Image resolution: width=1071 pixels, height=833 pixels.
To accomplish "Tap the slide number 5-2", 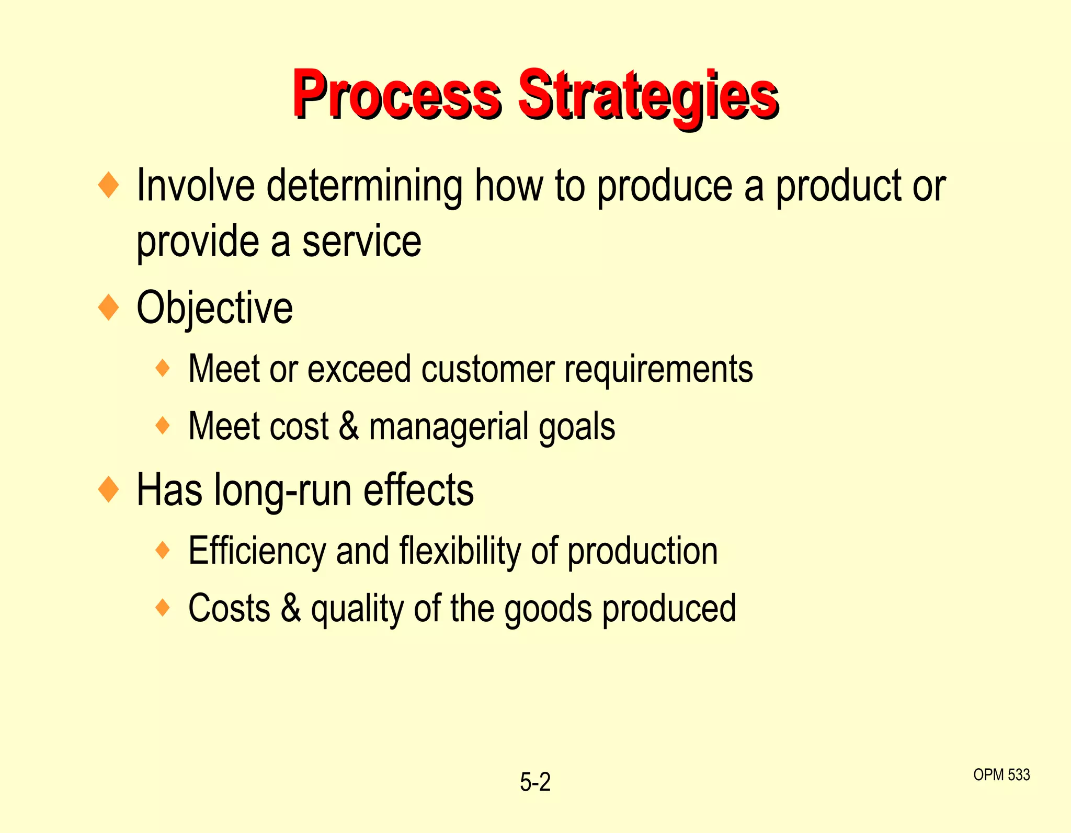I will (x=535, y=782).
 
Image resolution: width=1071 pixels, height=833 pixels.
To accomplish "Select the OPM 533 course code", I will (x=1001, y=774).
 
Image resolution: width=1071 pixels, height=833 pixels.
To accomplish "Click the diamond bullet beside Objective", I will (x=109, y=307).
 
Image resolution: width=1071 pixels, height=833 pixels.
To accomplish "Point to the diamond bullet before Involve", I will (x=109, y=185).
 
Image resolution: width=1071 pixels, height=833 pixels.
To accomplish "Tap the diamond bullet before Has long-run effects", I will (x=109, y=490).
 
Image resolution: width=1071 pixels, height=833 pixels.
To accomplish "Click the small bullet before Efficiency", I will (x=163, y=550).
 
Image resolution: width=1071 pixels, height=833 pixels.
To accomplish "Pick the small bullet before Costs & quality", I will (x=163, y=608).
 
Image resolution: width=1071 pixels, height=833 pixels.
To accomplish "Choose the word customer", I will (x=488, y=369).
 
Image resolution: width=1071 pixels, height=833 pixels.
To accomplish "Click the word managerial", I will (x=449, y=427).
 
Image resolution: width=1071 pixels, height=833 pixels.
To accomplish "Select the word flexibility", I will (x=460, y=551).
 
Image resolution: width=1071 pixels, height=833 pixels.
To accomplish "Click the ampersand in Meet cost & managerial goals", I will (x=349, y=427).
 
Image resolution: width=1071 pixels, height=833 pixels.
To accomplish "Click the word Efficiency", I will (x=257, y=551).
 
